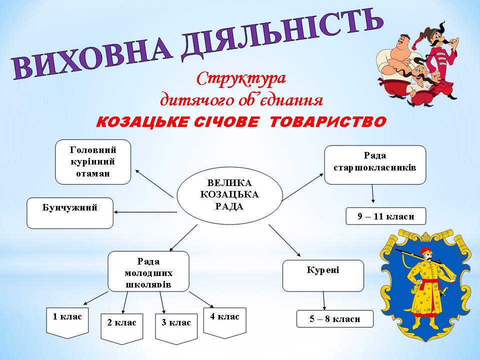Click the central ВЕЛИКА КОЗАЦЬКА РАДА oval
coord(229,195)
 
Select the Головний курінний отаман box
coord(93,162)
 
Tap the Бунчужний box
coord(70,213)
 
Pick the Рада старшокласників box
coord(375,164)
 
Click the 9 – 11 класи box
coord(385,216)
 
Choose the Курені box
coord(323,275)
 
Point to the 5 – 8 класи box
coord(335,318)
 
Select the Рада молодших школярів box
coord(148,271)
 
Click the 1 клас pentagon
coord(67,323)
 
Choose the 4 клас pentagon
coord(224,323)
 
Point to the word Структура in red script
coord(241,79)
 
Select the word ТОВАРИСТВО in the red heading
coord(328,122)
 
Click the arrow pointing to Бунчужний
coord(145,212)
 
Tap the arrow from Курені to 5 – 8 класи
coord(324,300)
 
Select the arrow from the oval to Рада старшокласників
coord(302,187)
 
